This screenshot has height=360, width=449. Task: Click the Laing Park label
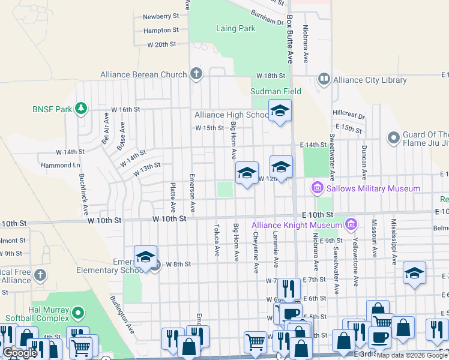point(235,28)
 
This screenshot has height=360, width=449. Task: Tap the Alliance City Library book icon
point(324,79)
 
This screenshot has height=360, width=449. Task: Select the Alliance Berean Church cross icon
point(196,74)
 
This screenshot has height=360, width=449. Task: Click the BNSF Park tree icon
point(81,109)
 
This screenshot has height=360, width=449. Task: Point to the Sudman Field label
point(276,91)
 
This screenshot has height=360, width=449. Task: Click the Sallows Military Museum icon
point(317,188)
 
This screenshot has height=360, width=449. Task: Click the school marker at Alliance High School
point(279,111)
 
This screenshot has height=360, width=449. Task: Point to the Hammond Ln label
point(60,165)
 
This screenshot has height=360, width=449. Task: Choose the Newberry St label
point(161,16)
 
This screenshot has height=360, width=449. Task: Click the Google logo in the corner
point(20,353)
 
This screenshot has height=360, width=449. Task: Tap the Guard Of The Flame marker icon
point(394,139)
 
